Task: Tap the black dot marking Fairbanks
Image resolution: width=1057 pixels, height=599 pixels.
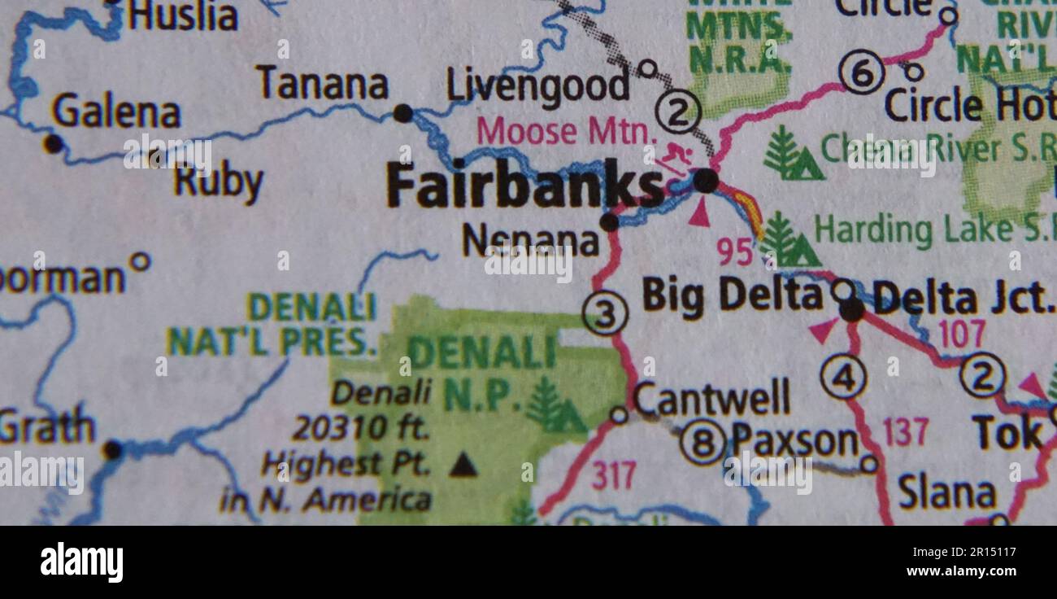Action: click(706, 181)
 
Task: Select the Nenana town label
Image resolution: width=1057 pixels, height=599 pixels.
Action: click(530, 240)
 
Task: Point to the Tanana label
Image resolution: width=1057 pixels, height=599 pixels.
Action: click(323, 84)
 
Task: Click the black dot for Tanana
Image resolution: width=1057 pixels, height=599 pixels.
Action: click(402, 113)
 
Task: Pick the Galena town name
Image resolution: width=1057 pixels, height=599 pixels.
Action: click(116, 112)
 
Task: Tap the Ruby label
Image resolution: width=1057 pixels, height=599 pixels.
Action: click(219, 182)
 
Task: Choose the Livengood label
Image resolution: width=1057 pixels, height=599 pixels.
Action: click(538, 86)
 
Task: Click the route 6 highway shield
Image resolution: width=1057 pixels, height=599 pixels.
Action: click(861, 73)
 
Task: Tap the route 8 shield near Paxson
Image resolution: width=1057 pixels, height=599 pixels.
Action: click(702, 443)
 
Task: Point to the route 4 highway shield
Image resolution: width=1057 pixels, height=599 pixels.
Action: click(843, 378)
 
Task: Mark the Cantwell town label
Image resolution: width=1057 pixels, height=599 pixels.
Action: click(711, 398)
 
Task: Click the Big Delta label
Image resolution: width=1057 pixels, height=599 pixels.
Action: click(732, 295)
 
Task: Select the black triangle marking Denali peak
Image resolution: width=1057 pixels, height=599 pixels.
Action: click(463, 465)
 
